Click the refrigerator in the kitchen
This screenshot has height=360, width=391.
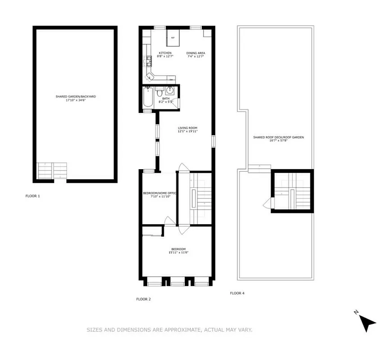point(173,38)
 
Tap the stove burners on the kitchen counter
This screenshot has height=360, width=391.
point(147,60)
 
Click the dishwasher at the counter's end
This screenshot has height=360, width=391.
point(171,79)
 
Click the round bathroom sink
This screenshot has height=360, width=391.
point(171,90)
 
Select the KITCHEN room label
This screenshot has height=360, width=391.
point(165,53)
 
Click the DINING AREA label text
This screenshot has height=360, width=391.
point(196,53)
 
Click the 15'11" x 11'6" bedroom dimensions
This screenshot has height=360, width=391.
point(178,253)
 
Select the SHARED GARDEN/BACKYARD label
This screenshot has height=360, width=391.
point(76,96)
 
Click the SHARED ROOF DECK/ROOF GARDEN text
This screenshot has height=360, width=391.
point(275,137)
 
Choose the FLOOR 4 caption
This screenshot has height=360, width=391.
point(237,293)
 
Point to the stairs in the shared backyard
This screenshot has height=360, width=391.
point(52,171)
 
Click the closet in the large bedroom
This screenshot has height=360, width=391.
point(152,231)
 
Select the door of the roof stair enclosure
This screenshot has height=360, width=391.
point(268,204)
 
